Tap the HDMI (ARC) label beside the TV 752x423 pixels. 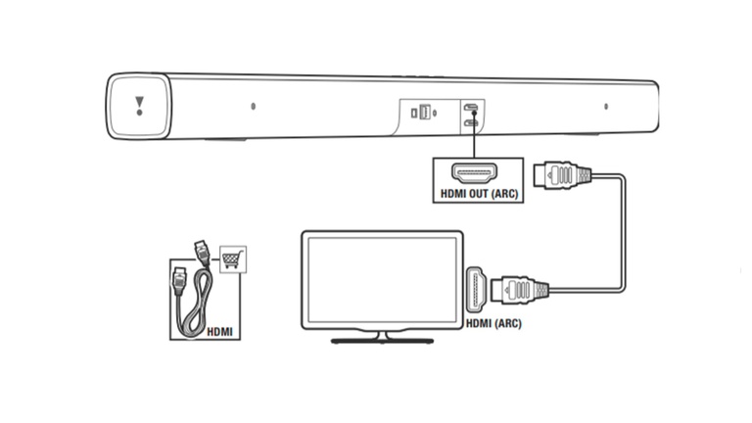click(493, 324)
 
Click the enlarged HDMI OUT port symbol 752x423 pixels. click(477, 174)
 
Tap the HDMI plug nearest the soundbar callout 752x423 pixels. click(561, 176)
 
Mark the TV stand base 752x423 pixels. click(382, 340)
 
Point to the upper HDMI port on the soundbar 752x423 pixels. click(471, 108)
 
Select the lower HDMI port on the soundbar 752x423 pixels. click(471, 122)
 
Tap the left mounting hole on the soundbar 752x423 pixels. click(253, 106)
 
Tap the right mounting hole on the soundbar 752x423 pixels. click(605, 106)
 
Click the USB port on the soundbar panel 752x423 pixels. click(426, 113)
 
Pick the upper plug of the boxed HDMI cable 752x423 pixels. click(200, 251)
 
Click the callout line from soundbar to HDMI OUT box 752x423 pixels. click(473, 141)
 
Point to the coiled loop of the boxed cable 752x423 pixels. click(196, 308)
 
